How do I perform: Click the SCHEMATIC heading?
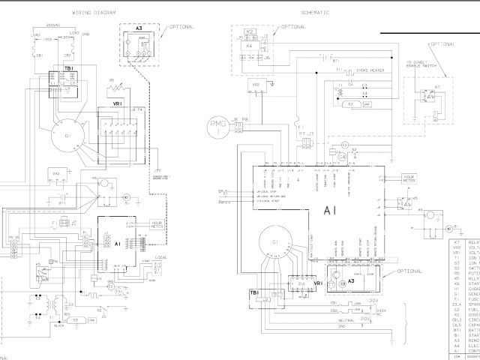pyautogui.click(x=314, y=13)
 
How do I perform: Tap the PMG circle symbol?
pyautogui.click(x=217, y=125)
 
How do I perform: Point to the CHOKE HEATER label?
pyautogui.click(x=371, y=71)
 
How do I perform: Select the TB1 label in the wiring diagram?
pyautogui.click(x=56, y=76)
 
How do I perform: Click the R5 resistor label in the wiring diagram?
pyautogui.click(x=111, y=79)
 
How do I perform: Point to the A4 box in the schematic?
pyautogui.click(x=248, y=46)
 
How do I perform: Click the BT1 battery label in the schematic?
pyautogui.click(x=335, y=63)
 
